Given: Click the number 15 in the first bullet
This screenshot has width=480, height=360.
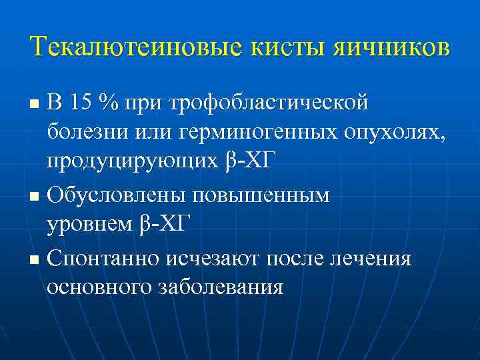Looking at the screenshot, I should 81,103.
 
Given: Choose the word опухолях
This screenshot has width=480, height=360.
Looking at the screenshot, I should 389,133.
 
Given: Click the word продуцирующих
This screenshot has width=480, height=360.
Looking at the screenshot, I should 130,162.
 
